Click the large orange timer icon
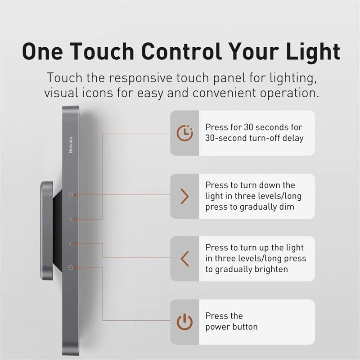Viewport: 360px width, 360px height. click(x=184, y=133)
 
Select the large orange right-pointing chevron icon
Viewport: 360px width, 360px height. click(x=184, y=197)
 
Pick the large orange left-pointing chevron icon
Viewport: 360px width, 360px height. click(x=184, y=259)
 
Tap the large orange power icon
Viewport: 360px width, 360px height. click(x=184, y=322)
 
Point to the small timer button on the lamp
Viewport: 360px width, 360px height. click(x=70, y=195)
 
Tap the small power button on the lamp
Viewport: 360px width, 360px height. click(x=70, y=268)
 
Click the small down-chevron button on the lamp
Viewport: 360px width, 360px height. click(x=70, y=219)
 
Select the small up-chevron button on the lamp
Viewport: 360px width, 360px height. click(x=70, y=243)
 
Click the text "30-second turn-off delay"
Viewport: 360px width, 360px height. click(x=254, y=138)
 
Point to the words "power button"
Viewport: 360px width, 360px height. click(x=231, y=327)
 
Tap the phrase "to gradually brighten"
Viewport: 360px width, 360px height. click(x=247, y=269)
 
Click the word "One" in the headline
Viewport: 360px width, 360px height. click(x=43, y=51)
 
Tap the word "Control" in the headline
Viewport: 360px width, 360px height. click(x=180, y=51)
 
